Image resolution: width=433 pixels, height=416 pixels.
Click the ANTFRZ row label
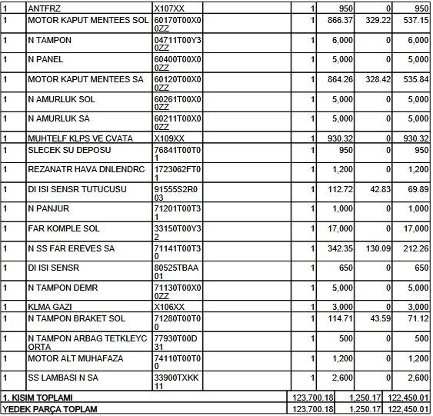[45, 7]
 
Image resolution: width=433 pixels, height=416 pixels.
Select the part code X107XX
[169, 7]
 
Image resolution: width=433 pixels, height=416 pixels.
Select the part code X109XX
[169, 138]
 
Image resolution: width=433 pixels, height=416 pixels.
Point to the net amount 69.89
[415, 188]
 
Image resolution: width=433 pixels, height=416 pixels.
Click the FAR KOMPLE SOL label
[65, 228]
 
